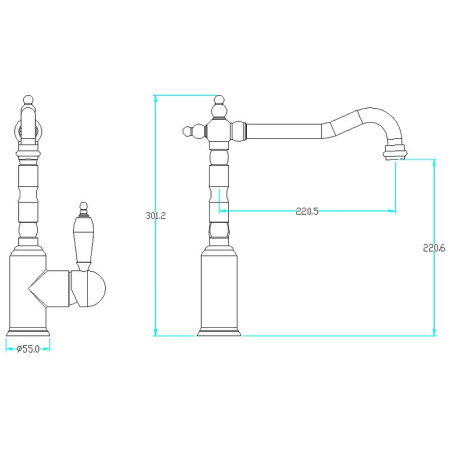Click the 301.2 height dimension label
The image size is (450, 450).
(x=155, y=216)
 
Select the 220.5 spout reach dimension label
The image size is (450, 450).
(x=307, y=211)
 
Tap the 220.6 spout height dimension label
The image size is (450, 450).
(x=434, y=248)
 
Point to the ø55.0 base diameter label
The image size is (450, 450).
(x=28, y=349)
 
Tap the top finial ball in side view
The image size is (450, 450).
(x=219, y=100)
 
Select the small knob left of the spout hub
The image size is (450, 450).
(x=188, y=131)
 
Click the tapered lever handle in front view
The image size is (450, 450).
(x=83, y=239)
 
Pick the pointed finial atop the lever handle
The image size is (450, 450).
(x=83, y=209)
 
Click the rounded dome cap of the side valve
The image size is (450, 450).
(x=96, y=289)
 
